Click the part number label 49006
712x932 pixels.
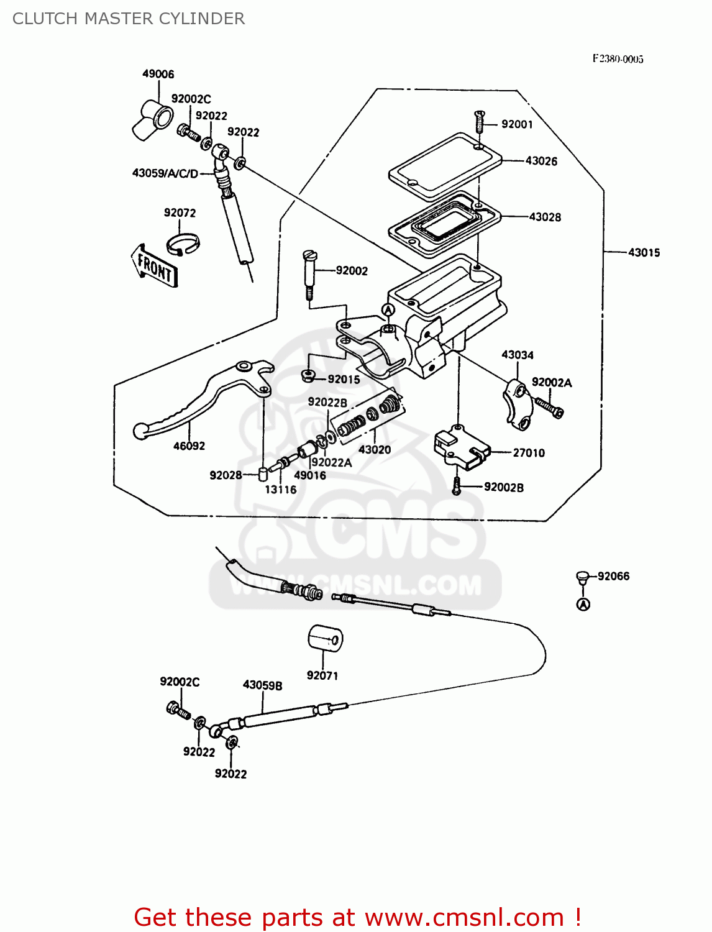pos(158,74)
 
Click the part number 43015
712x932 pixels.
pos(644,252)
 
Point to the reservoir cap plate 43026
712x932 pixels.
pos(445,165)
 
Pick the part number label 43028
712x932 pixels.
pos(545,217)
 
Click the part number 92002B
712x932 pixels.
pos(503,488)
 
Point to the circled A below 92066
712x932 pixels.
pos(583,604)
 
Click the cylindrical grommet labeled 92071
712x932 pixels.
pos(325,639)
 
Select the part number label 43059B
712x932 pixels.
pos(262,685)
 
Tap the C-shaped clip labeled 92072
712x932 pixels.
pos(183,244)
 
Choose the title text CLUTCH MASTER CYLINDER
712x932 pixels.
pos(129,19)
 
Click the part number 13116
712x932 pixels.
pos(280,490)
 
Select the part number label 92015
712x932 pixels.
pos(344,379)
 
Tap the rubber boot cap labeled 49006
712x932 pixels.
pos(152,120)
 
